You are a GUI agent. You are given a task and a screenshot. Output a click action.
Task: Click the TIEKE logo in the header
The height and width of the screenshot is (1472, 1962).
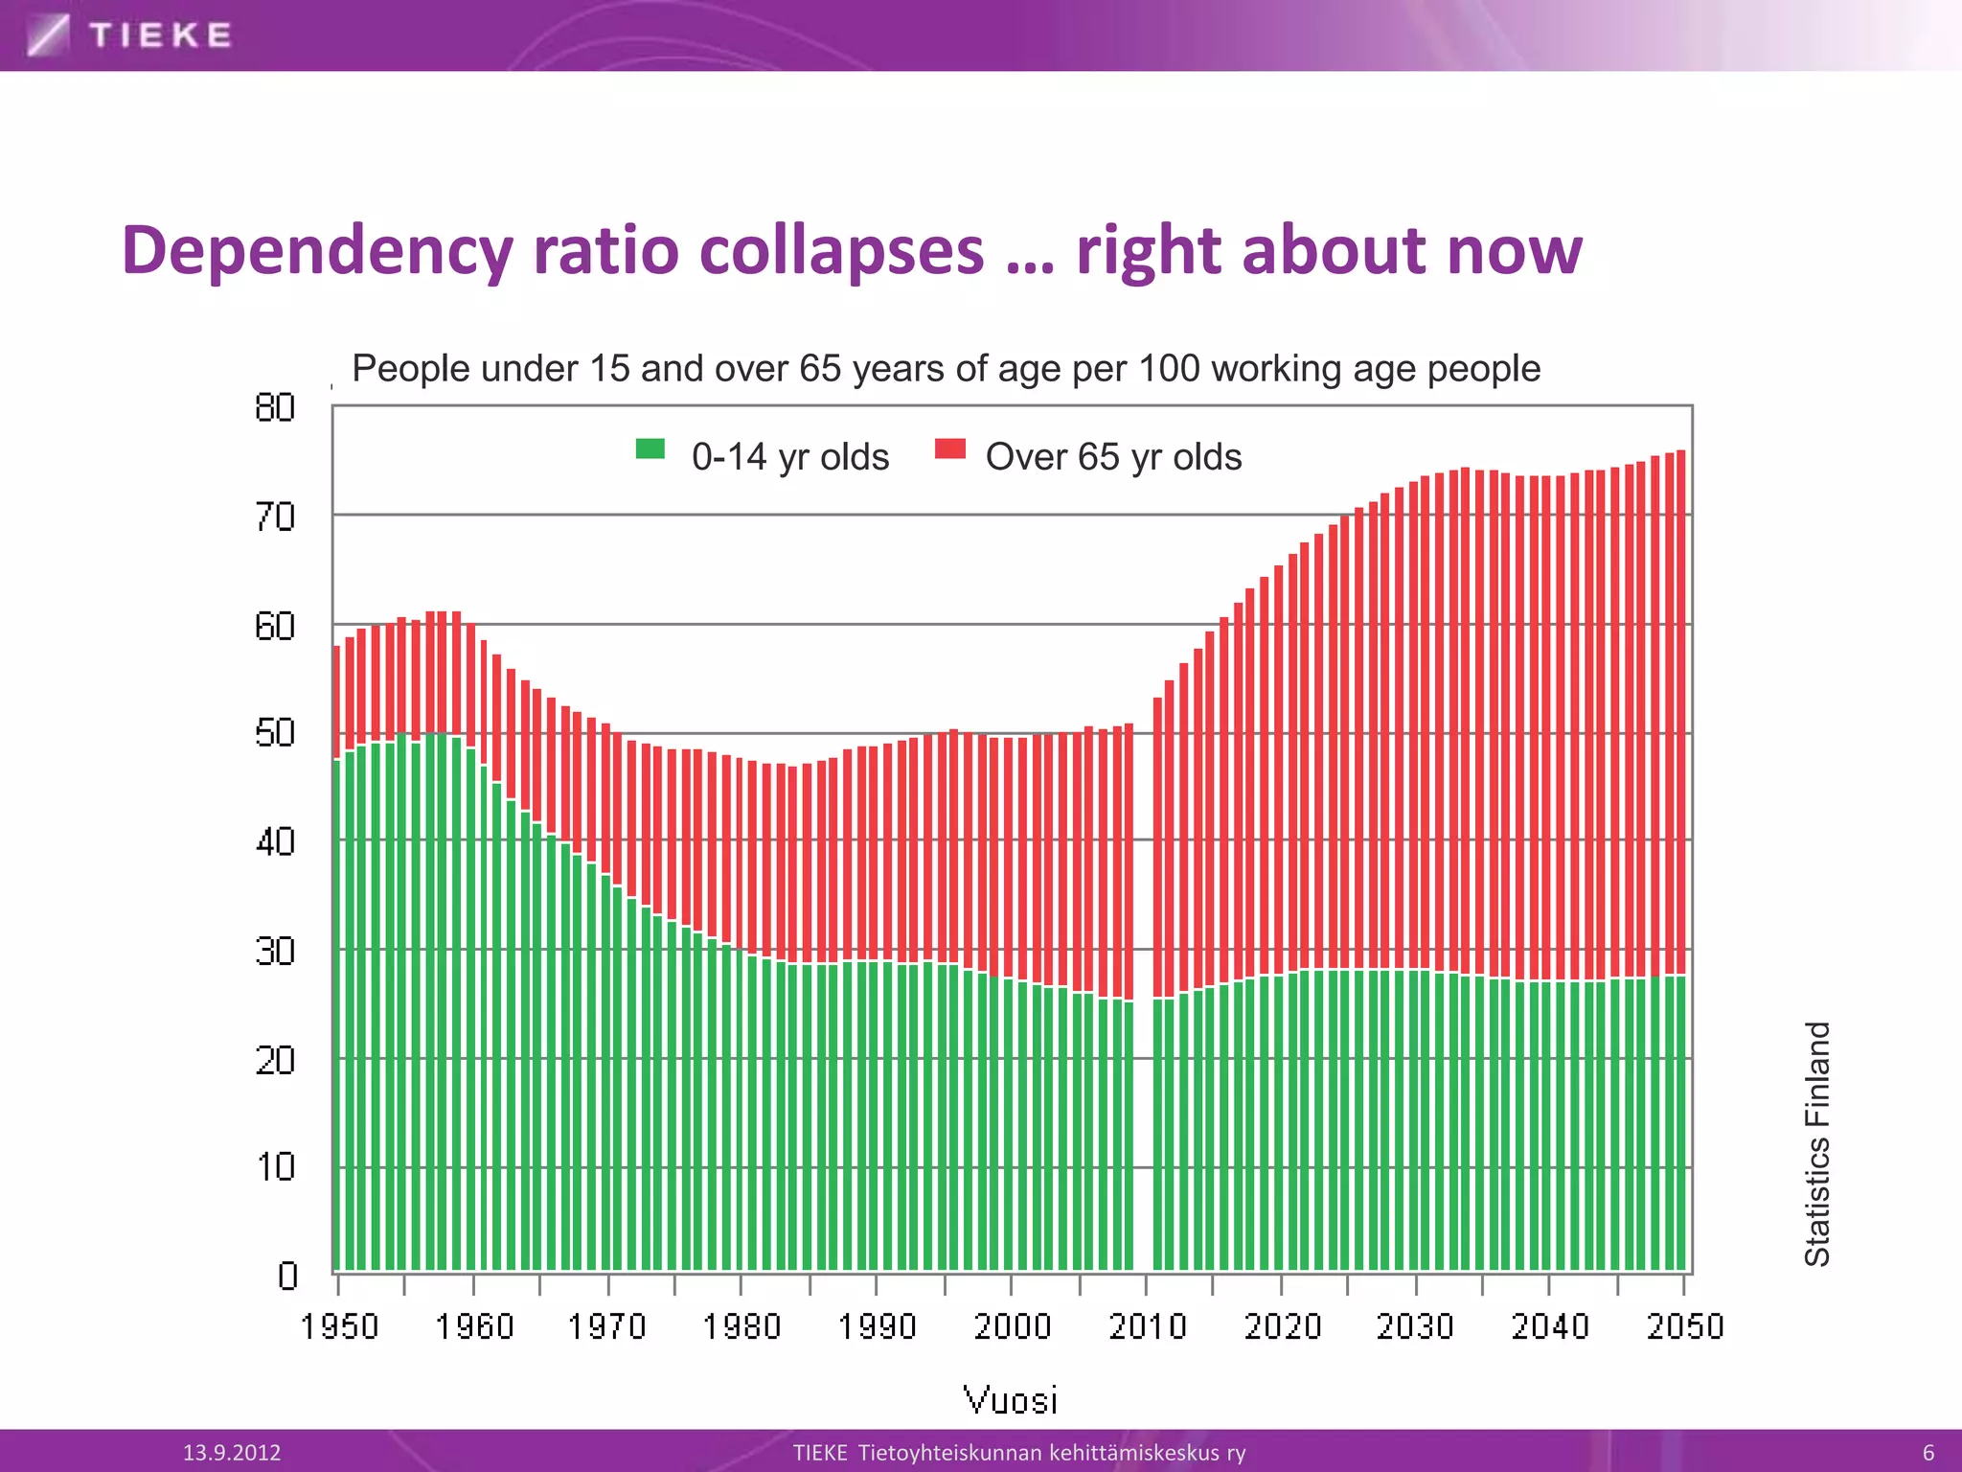(x=130, y=35)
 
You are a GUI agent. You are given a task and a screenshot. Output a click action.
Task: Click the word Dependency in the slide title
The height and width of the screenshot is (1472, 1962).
(x=317, y=251)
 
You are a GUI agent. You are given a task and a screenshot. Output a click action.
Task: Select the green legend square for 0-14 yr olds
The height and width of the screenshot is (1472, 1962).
(x=650, y=448)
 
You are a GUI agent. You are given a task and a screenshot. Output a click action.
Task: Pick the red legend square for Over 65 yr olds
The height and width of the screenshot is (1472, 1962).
(x=949, y=448)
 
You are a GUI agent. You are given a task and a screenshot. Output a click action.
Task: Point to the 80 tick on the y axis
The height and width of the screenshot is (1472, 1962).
(x=275, y=408)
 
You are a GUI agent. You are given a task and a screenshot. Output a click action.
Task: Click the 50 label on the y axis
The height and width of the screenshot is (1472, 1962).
(x=275, y=734)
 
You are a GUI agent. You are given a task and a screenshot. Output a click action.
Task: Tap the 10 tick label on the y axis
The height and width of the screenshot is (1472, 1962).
(x=275, y=1167)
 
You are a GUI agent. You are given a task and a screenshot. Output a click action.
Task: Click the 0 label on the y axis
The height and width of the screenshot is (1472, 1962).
(x=287, y=1276)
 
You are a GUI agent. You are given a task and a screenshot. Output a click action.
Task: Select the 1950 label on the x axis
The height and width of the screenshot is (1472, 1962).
(x=339, y=1326)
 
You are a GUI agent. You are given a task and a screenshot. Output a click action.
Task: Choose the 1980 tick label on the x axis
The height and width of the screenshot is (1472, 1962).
(x=742, y=1326)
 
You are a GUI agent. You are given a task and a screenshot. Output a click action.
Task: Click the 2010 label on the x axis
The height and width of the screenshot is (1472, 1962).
(x=1148, y=1326)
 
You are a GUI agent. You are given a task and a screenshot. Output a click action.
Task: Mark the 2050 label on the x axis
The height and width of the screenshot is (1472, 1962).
(x=1685, y=1326)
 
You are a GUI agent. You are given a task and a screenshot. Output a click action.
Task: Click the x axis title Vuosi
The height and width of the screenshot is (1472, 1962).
(x=1010, y=1400)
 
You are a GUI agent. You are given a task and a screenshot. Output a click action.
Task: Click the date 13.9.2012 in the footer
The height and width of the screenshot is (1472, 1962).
(x=232, y=1453)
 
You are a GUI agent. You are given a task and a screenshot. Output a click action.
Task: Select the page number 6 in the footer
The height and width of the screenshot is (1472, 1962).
(x=1928, y=1453)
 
